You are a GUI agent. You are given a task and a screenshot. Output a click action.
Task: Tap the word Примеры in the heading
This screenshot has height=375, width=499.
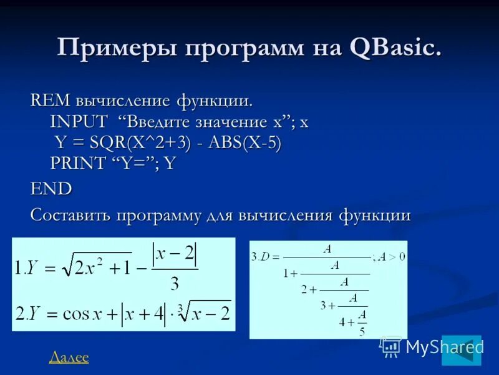[x=103, y=48]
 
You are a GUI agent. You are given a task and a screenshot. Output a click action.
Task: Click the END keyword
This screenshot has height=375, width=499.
[x=51, y=189]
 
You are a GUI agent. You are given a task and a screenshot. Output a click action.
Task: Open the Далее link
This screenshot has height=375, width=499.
[x=69, y=357]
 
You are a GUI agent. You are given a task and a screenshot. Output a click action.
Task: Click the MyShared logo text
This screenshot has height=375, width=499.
[x=444, y=347]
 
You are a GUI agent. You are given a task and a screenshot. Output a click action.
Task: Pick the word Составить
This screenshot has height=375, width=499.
[x=70, y=216]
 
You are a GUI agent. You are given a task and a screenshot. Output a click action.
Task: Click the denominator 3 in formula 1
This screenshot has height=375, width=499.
[x=174, y=284]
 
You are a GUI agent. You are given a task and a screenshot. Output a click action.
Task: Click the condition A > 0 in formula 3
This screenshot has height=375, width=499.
[x=394, y=256]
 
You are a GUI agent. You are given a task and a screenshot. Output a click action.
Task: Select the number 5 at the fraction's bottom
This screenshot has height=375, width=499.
[x=362, y=332]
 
